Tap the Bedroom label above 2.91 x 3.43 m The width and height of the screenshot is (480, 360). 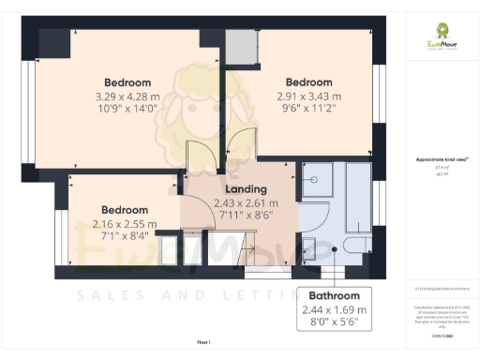(309, 82)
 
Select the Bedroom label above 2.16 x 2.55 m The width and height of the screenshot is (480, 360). (126, 209)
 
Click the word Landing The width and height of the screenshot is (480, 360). (247, 189)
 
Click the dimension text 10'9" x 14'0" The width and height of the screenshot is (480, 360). (128, 110)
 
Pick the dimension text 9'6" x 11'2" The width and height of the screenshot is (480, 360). (309, 110)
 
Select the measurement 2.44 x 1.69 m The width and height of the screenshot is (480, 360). (335, 309)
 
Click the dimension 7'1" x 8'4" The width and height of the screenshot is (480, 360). (126, 237)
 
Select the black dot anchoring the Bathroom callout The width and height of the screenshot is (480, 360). (335, 250)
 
